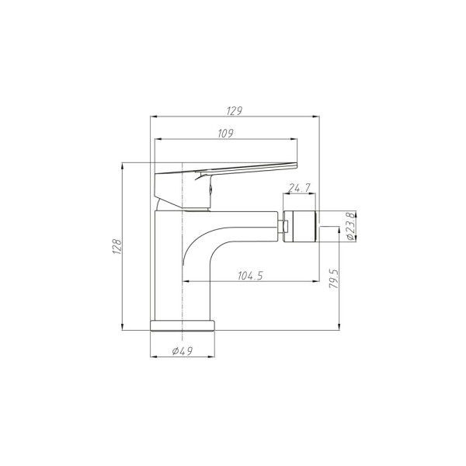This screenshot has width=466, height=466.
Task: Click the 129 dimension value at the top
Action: coord(233,110)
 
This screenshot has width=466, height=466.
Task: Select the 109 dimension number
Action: coord(226,134)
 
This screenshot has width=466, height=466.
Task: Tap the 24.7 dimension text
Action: coord(299,188)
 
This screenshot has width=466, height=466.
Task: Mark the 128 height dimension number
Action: coord(116,246)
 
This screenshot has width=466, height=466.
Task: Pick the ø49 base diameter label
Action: coord(182,352)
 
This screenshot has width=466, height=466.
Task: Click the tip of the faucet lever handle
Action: coord(294,164)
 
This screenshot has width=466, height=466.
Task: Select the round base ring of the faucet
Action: coord(182,325)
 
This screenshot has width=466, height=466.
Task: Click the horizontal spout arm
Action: coord(241,227)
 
